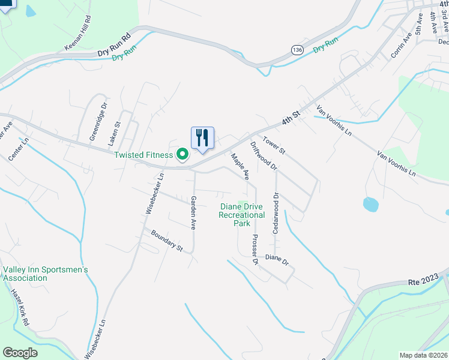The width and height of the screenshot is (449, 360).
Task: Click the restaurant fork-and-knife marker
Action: pos(202,137)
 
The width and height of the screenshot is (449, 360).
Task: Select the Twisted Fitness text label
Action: pos(144,155)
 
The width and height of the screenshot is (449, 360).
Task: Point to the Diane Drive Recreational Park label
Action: pos(242,215)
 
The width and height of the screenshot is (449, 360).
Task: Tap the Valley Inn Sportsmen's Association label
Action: pos(46,274)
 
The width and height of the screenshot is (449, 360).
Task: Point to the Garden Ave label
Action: pos(193,212)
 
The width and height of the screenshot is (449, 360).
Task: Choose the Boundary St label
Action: pos(166,241)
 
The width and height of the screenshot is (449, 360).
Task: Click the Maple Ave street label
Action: pos(240,166)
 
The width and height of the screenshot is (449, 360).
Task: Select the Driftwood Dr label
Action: pos(263,155)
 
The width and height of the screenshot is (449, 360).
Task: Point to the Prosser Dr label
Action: pos(255,249)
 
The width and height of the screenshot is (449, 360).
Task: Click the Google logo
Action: pos(20,352)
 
